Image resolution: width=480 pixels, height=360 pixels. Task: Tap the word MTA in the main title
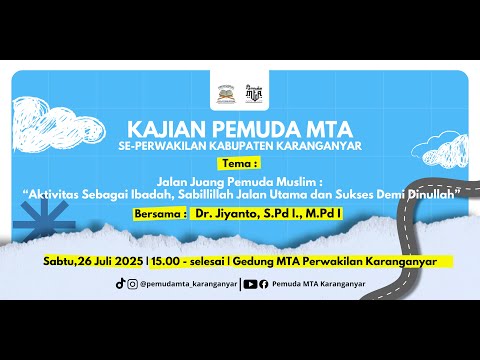[x=329, y=129]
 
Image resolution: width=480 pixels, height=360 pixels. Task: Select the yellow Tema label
[x=239, y=164]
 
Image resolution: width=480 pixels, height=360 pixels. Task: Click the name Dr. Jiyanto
[x=226, y=214]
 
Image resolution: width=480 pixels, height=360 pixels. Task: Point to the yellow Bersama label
[x=160, y=214]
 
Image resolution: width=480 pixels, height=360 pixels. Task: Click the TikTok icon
[x=120, y=283]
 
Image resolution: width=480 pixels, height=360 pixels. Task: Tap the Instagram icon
[x=132, y=284]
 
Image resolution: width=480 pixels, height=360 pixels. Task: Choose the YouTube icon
[x=250, y=284]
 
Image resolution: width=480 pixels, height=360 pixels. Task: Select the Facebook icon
[x=263, y=284]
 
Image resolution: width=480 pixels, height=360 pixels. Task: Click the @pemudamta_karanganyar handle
[x=189, y=284]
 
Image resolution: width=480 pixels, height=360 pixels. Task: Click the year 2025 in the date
[x=129, y=261]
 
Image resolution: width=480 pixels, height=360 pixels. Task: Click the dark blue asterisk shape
[x=45, y=222]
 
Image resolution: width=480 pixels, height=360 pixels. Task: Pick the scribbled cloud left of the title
[x=57, y=124]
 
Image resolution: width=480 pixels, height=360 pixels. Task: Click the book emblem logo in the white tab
[x=227, y=94]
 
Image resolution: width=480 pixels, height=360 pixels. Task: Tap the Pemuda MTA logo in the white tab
[x=253, y=93]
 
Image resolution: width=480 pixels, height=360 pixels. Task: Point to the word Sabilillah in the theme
[x=205, y=194]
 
